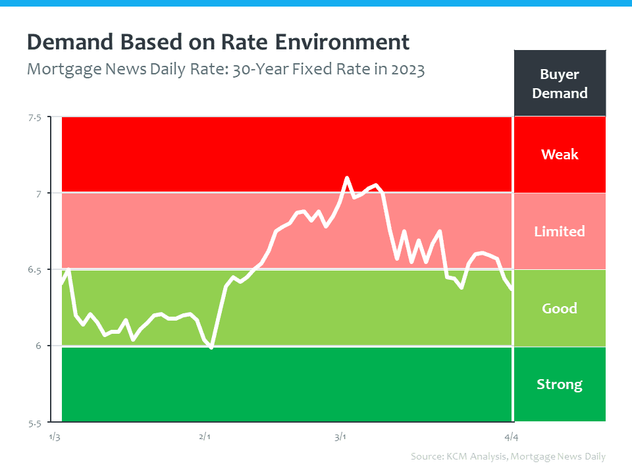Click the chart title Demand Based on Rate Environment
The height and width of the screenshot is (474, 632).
tap(218, 42)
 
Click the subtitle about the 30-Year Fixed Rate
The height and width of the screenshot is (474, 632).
tap(226, 68)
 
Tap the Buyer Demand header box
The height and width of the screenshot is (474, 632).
tap(560, 84)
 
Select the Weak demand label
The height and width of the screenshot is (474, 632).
tap(560, 155)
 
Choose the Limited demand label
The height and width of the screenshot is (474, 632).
tap(560, 231)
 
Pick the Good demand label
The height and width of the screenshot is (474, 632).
tap(560, 308)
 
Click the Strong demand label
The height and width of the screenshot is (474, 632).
tap(560, 384)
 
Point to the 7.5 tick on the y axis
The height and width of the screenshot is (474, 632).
tap(34, 118)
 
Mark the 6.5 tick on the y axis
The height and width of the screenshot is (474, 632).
tap(34, 270)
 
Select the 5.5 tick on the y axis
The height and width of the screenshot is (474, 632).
tap(34, 423)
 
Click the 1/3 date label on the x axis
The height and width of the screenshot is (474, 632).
tap(55, 436)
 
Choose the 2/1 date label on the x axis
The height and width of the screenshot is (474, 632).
tap(204, 436)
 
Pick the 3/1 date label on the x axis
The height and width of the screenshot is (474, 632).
tap(340, 436)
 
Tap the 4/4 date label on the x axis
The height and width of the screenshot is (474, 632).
tap(512, 436)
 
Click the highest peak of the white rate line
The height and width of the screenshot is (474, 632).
tap(347, 178)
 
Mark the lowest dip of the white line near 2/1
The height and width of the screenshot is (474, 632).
tap(211, 347)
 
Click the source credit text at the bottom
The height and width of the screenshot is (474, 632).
tap(508, 456)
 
